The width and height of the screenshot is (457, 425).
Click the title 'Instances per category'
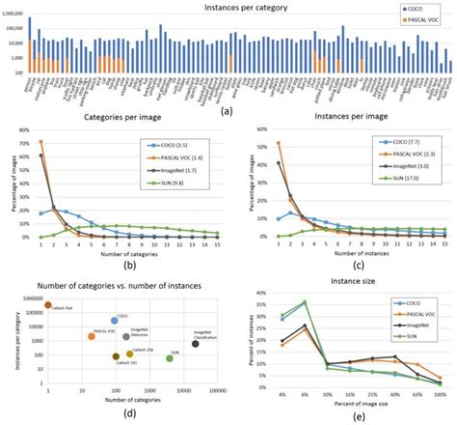tap(229, 7)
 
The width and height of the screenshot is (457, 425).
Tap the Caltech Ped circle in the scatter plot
tap(47, 305)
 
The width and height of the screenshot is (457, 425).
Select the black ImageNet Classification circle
tap(196, 343)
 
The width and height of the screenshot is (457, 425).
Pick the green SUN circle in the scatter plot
tap(170, 357)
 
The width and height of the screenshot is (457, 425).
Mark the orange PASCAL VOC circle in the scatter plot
tap(92, 336)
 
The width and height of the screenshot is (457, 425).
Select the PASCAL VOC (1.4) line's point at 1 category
tap(40, 142)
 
